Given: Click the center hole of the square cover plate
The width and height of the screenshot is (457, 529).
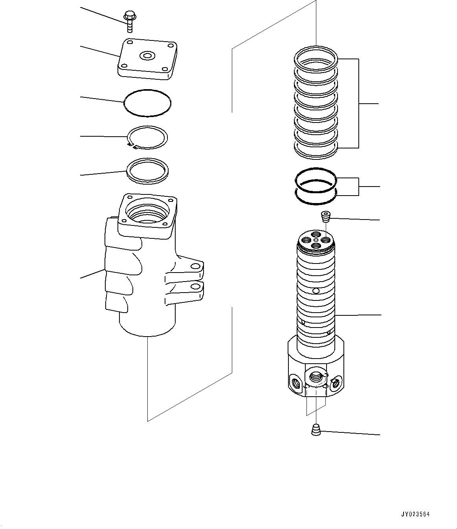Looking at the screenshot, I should [147, 56].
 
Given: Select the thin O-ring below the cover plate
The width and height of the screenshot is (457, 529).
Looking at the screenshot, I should [147, 103].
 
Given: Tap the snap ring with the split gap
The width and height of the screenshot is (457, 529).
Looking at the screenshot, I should [147, 138].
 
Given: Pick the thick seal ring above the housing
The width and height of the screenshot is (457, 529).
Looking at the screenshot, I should [147, 171].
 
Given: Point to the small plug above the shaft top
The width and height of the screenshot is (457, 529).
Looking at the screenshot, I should [326, 216].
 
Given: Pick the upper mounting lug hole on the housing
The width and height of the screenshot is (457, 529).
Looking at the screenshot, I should [194, 267].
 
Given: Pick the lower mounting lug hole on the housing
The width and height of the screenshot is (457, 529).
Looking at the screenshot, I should [194, 287].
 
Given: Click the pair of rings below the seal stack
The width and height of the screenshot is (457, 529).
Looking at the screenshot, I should [316, 186].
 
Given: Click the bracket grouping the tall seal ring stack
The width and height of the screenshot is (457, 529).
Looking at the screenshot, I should [359, 103].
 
